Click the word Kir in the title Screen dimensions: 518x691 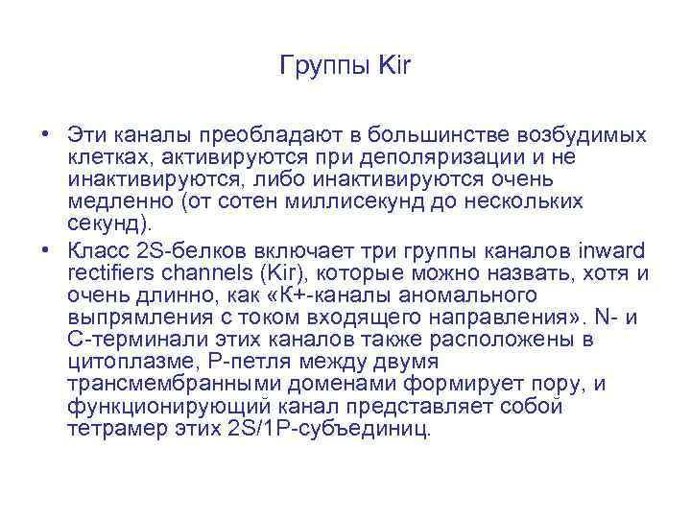(x=394, y=66)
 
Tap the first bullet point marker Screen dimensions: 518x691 (x=46, y=134)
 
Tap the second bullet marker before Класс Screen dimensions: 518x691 (x=46, y=251)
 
